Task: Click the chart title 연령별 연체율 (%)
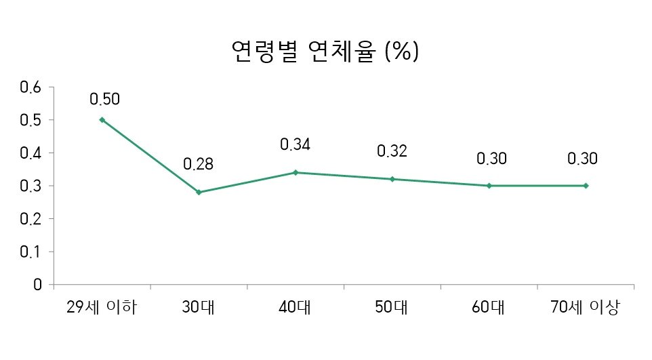(325, 52)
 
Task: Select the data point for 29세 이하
(102, 119)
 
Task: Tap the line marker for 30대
(199, 192)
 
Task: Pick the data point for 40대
(296, 172)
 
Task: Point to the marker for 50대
(392, 179)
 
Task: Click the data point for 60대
(489, 186)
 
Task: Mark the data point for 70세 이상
(586, 186)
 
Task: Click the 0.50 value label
(104, 99)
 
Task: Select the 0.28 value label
(199, 164)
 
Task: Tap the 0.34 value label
(296, 144)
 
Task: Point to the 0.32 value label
(392, 151)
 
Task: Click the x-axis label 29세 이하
(102, 308)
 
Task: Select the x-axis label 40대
(295, 308)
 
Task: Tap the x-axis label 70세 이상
(585, 308)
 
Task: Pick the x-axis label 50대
(392, 308)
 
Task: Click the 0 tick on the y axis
(39, 285)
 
